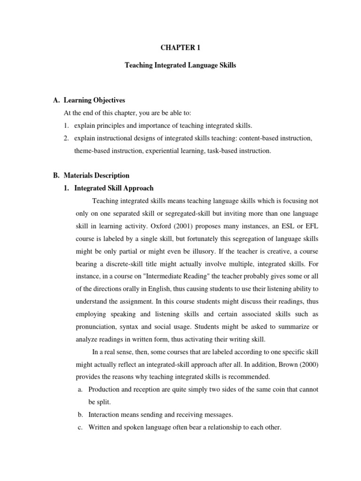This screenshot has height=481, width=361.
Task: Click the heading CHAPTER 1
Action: pyautogui.click(x=180, y=48)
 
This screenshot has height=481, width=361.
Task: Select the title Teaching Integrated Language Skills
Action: pyautogui.click(x=180, y=66)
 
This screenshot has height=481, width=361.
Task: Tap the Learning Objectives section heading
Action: pyautogui.click(x=94, y=101)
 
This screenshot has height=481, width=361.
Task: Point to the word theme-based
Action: pyautogui.click(x=91, y=151)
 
